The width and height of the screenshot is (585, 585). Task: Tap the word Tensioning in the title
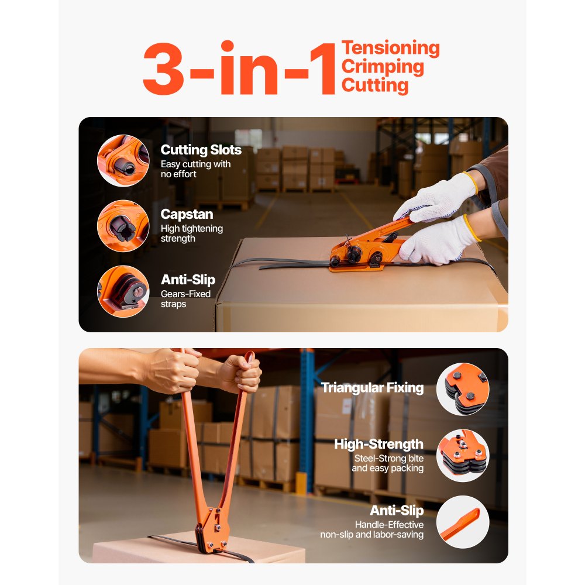tap(390, 48)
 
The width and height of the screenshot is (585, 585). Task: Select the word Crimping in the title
tap(383, 67)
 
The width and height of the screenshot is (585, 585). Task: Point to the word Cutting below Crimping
tap(375, 85)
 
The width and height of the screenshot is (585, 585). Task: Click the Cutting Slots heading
tap(201, 150)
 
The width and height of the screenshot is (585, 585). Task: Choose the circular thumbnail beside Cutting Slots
tap(123, 160)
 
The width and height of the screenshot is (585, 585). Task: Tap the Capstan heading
tap(187, 215)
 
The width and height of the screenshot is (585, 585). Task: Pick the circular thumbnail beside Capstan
tap(123, 226)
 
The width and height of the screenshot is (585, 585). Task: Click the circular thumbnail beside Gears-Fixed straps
tap(123, 291)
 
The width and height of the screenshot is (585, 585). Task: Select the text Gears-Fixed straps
tap(185, 299)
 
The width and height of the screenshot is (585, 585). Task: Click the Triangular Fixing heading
tap(372, 387)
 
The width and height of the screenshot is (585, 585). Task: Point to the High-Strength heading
tap(378, 444)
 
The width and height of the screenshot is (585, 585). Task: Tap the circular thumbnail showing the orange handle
tap(462, 522)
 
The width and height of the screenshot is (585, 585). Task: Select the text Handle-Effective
tap(389, 525)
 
